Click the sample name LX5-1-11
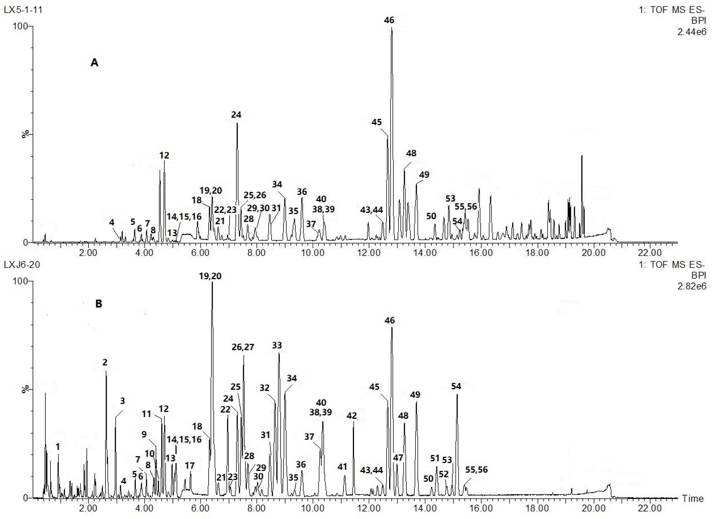pos(23,10)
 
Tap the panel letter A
pos(94,63)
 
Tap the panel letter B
pos(99,304)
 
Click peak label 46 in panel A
pos(389,20)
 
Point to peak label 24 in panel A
pos(236,115)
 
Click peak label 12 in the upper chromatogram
pos(164,155)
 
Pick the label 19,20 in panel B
pos(210,276)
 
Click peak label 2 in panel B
pos(105,362)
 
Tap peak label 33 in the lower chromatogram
pos(277,346)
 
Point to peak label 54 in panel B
pos(456,386)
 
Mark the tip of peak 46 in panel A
pos(392,28)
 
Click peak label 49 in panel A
pos(424,175)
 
